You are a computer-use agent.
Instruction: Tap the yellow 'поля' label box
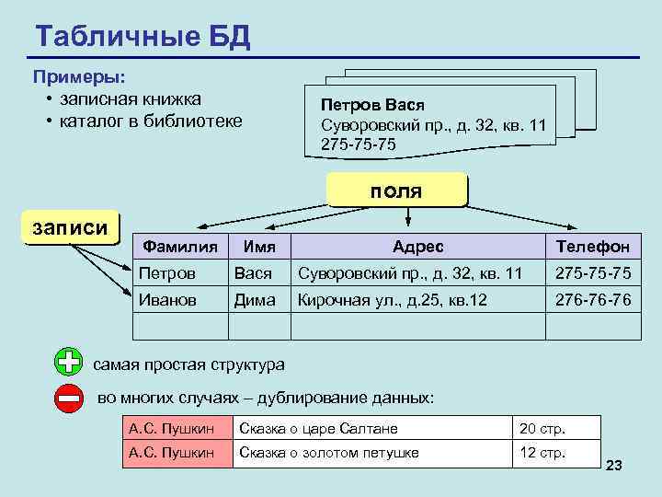396,191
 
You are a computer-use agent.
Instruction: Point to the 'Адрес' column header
417,247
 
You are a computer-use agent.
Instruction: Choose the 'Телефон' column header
592,247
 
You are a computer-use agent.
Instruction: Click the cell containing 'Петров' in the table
167,273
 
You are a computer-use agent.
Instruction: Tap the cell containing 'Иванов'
167,300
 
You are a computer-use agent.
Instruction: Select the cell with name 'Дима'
254,300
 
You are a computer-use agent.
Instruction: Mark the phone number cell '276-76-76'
592,300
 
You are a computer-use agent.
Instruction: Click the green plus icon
68,363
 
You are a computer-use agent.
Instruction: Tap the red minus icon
68,398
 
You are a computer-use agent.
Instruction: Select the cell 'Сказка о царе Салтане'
318,428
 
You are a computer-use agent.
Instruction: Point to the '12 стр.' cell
542,452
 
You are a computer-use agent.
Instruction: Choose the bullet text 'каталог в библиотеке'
151,121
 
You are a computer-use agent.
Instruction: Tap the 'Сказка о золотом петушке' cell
329,452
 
